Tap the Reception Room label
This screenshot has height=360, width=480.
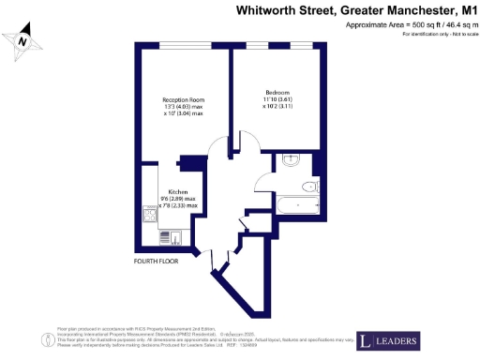pyautogui.click(x=183, y=99)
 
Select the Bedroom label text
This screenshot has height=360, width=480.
pyautogui.click(x=277, y=92)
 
